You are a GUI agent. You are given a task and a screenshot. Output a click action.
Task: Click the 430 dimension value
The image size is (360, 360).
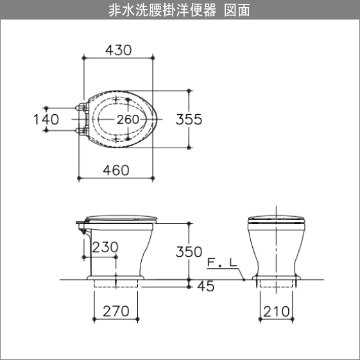118,50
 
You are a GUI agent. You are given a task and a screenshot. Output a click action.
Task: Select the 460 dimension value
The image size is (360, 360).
116,169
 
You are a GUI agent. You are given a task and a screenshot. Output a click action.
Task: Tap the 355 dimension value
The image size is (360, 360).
189,119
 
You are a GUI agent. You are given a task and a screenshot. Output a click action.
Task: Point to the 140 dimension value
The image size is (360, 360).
46,119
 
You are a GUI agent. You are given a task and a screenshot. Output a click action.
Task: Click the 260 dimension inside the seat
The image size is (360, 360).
128,119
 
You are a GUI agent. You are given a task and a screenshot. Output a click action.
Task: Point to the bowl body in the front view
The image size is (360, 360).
276,250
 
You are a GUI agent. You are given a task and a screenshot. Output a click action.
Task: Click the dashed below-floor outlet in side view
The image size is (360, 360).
116,285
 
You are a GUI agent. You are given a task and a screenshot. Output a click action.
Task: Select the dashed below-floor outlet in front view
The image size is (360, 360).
276,284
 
